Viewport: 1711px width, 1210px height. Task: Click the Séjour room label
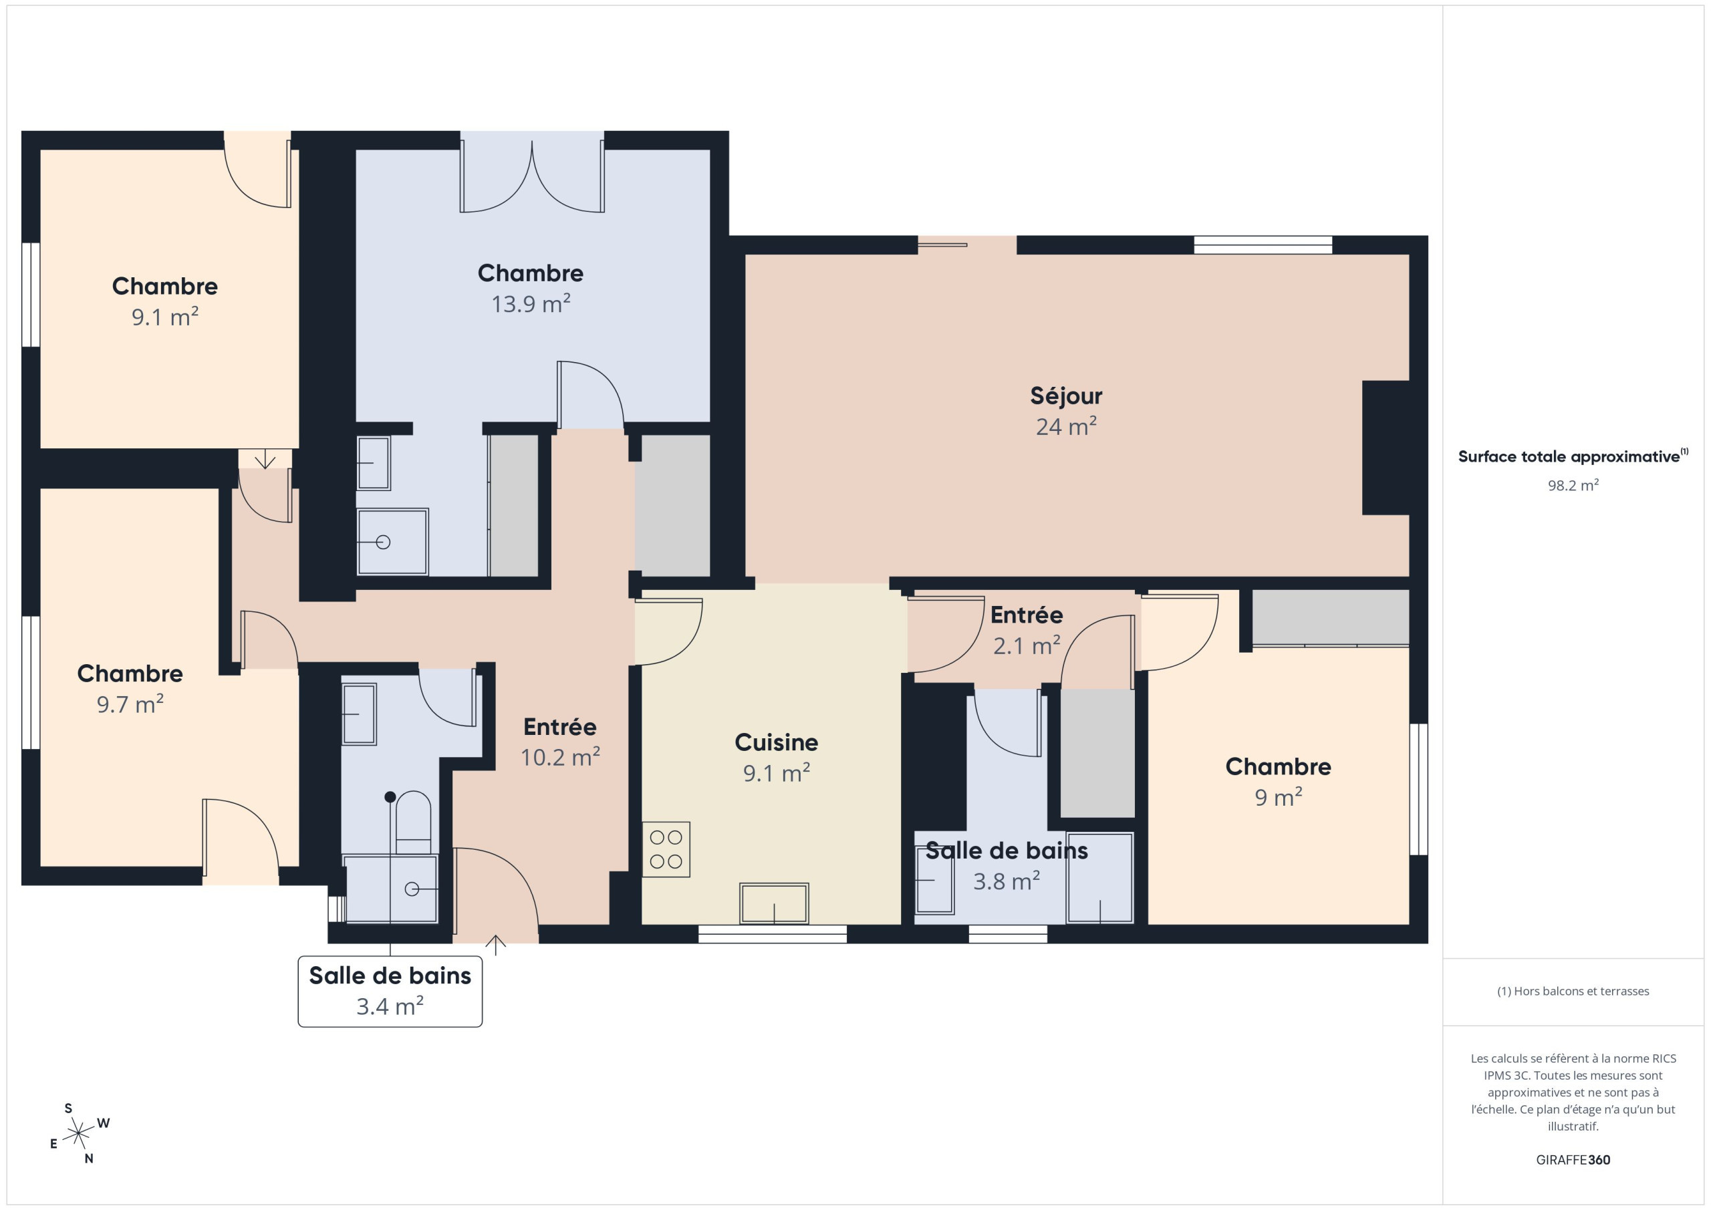pyautogui.click(x=1065, y=410)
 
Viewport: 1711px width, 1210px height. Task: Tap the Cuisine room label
pyautogui.click(x=777, y=757)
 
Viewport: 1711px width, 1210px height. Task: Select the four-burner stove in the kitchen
pyautogui.click(x=666, y=849)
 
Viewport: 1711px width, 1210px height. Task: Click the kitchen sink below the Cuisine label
pyautogui.click(x=773, y=903)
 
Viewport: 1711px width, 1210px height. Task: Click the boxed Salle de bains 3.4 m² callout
pyautogui.click(x=390, y=991)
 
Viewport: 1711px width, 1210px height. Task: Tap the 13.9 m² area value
pyautogui.click(x=531, y=304)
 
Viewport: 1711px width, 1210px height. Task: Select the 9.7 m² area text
pyautogui.click(x=130, y=704)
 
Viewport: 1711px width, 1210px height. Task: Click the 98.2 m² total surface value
pyautogui.click(x=1573, y=485)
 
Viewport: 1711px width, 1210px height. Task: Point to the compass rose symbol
pyautogui.click(x=78, y=1134)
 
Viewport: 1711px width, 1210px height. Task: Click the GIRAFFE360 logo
pyautogui.click(x=1573, y=1159)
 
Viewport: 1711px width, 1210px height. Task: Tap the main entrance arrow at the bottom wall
pyautogui.click(x=495, y=945)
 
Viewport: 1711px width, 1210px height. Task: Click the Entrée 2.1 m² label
pyautogui.click(x=1026, y=629)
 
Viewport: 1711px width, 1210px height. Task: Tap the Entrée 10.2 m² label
pyautogui.click(x=559, y=742)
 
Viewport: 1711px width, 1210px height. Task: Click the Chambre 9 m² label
pyautogui.click(x=1278, y=782)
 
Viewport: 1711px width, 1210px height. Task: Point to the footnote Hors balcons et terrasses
pyautogui.click(x=1573, y=991)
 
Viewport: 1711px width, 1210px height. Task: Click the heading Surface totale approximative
pyautogui.click(x=1573, y=456)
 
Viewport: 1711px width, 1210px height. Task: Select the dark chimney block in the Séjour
pyautogui.click(x=1386, y=447)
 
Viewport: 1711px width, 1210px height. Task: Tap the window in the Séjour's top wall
pyautogui.click(x=1263, y=245)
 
